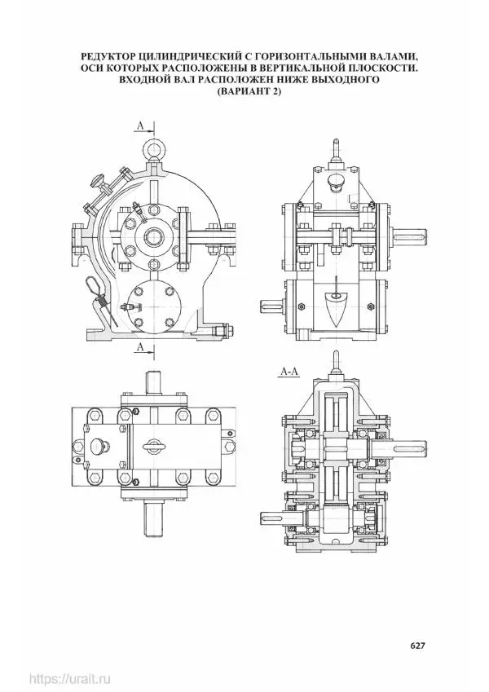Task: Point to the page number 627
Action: coord(417,646)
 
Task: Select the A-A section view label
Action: coord(289,372)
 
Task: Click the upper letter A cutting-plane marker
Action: coord(140,126)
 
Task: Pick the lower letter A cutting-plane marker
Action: coord(140,347)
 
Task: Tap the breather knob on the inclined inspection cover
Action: coord(97,180)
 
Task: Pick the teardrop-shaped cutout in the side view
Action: coord(337,308)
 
